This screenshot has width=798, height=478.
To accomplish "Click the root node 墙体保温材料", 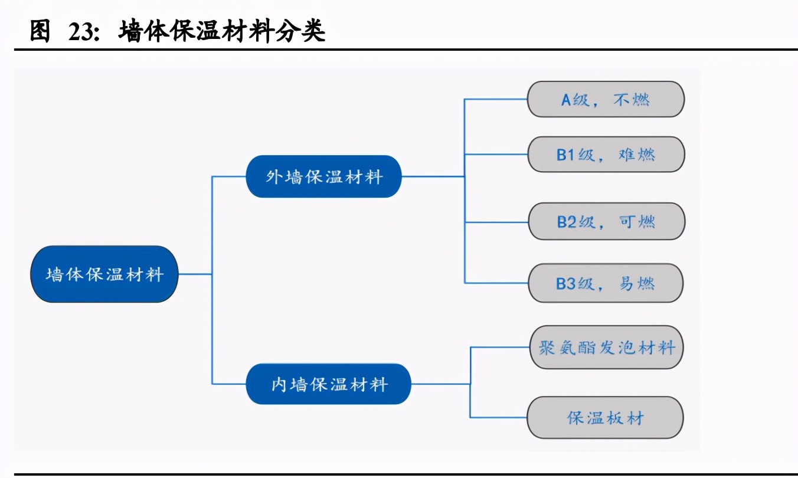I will click(104, 274).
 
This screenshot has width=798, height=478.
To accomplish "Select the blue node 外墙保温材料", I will click(323, 176).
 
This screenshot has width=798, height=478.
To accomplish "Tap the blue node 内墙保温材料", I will click(329, 384).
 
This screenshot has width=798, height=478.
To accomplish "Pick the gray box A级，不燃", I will click(606, 99).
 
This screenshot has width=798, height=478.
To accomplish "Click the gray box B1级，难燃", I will click(606, 155).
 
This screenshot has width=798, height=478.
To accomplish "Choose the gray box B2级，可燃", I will click(606, 222).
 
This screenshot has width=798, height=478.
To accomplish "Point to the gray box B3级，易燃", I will click(606, 283).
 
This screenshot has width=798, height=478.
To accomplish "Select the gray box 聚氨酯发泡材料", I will click(606, 347).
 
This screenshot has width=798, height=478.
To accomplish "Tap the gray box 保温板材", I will click(605, 418).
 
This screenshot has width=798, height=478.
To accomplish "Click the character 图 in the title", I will click(40, 31).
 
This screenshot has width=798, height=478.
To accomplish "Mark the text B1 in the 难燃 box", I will click(566, 155).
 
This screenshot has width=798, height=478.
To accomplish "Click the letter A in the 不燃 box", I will click(566, 100).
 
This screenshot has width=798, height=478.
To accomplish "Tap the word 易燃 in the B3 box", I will click(637, 284).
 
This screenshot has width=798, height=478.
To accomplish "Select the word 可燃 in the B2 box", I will click(637, 222).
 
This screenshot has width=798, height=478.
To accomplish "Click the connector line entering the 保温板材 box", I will click(499, 417).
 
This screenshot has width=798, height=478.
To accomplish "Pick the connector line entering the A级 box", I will click(496, 99).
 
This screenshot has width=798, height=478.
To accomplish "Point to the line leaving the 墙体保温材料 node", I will click(195, 274).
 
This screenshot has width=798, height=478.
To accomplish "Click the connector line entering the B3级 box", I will click(496, 283).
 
